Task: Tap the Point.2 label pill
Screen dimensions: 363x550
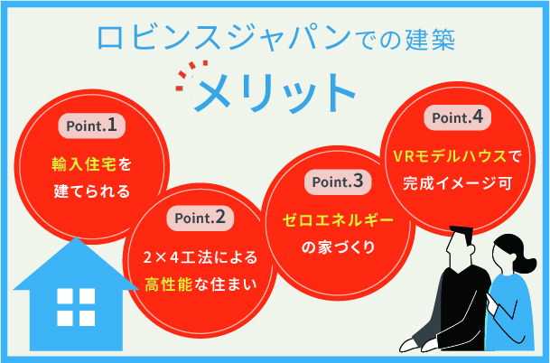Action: (x=200, y=218)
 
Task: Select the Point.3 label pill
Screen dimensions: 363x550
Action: (x=336, y=181)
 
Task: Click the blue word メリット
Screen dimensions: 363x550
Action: (x=276, y=88)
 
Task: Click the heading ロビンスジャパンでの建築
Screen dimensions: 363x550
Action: (x=275, y=37)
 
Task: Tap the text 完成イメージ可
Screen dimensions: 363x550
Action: (x=456, y=181)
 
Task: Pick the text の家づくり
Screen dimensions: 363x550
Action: (x=335, y=247)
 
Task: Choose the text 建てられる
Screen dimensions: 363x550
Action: (x=91, y=191)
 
